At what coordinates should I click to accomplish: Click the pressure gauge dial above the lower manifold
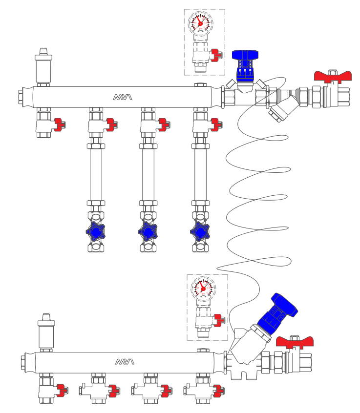pyautogui.click(x=203, y=288)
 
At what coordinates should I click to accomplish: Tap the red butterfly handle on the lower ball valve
pyautogui.click(x=294, y=342)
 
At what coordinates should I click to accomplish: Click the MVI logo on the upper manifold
pyautogui.click(x=123, y=97)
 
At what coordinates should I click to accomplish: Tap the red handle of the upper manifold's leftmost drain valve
pyautogui.click(x=60, y=124)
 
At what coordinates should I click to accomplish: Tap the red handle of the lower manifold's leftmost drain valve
pyautogui.click(x=62, y=390)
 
